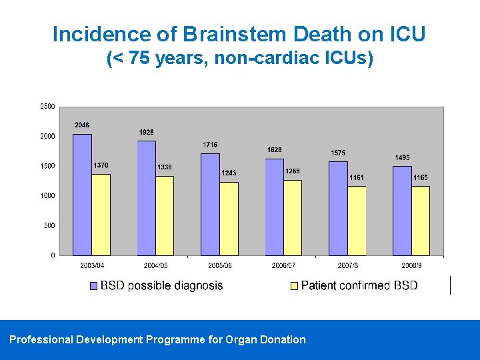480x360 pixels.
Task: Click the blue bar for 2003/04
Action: (x=82, y=195)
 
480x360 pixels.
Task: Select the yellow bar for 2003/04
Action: (x=101, y=215)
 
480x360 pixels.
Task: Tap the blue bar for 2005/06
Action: (x=210, y=205)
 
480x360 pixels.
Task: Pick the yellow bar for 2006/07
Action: (x=292, y=217)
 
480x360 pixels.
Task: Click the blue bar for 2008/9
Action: (x=402, y=211)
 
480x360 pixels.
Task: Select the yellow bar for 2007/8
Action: (x=356, y=221)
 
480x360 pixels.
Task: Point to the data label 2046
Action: (x=82, y=125)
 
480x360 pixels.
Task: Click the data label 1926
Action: (x=147, y=133)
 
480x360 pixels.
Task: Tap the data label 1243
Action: (x=229, y=173)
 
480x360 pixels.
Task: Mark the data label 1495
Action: (x=402, y=158)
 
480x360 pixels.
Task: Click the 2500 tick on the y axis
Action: (x=47, y=106)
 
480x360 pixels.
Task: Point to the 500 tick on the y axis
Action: (x=49, y=225)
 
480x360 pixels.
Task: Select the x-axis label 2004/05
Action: (x=156, y=265)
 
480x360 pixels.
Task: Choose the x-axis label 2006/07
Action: (x=283, y=265)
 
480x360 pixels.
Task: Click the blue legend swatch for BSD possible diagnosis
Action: (x=94, y=286)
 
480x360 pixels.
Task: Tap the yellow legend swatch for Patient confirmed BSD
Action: (x=294, y=286)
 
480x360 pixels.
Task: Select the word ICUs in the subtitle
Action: (x=341, y=59)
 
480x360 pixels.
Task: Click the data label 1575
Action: (x=338, y=153)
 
